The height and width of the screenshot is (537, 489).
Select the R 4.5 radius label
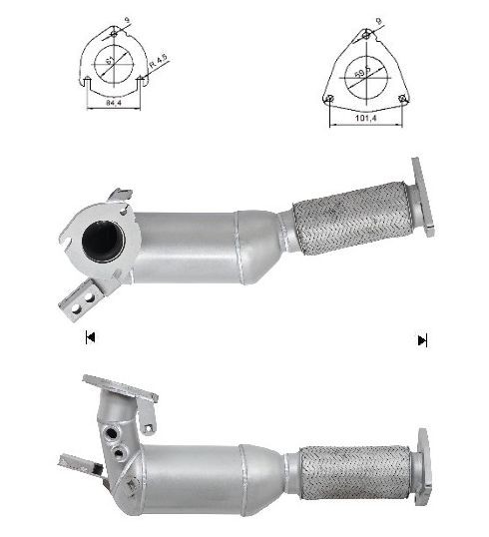(157, 68)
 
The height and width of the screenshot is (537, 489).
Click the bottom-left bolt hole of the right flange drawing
(329, 98)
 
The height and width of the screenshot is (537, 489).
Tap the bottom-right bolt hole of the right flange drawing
(403, 98)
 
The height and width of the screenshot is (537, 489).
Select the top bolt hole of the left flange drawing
(113, 36)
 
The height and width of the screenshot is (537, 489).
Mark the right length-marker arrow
(422, 340)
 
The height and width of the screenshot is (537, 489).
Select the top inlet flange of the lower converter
(120, 388)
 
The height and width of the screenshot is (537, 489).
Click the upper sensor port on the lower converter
(109, 435)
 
